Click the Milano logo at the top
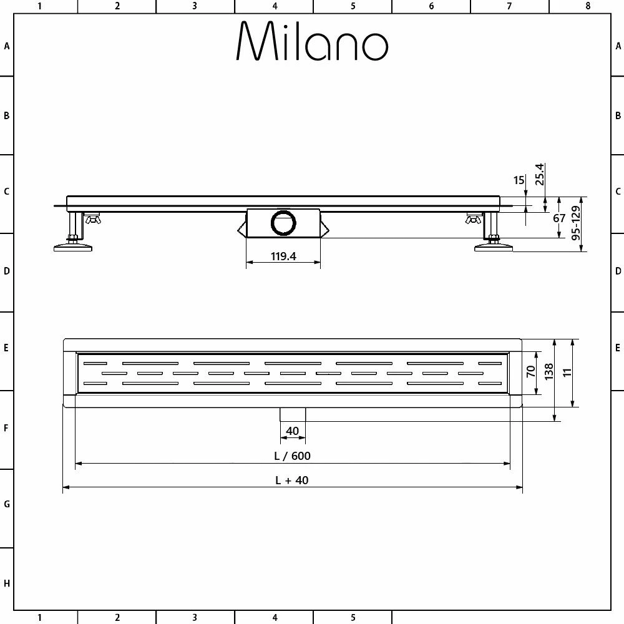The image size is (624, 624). (x=312, y=42)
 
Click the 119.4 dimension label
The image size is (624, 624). (x=283, y=256)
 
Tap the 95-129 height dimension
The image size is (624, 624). (x=575, y=225)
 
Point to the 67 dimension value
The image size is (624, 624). (x=558, y=218)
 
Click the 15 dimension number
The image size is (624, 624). (x=519, y=180)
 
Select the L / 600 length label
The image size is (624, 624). (x=292, y=456)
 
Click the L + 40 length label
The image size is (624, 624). (x=292, y=480)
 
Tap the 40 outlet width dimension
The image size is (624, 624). (x=292, y=431)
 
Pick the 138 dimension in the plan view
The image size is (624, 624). (x=550, y=373)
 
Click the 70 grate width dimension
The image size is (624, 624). (x=531, y=373)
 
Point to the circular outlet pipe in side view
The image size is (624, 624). (x=284, y=223)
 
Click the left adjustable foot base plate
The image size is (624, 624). (x=74, y=248)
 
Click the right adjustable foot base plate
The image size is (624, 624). (x=494, y=248)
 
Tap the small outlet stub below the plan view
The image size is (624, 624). (x=292, y=414)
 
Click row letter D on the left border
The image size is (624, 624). (x=6, y=271)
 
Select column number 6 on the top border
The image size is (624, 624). (x=431, y=6)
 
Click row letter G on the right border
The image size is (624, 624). (x=618, y=504)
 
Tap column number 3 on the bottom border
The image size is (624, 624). (x=195, y=618)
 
